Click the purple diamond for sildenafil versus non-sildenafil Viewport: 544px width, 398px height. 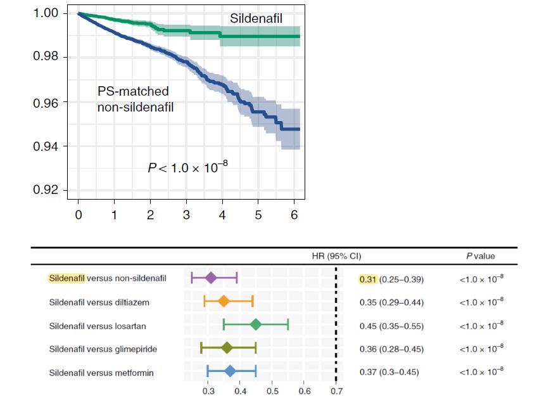click(211, 278)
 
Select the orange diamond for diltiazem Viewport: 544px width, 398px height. click(223, 301)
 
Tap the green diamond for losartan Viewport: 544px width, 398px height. click(256, 324)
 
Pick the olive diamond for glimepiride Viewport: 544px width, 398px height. click(227, 348)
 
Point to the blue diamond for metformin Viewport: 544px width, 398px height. click(230, 371)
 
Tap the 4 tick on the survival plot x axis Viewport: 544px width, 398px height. click(222, 215)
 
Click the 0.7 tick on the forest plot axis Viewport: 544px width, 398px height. click(336, 390)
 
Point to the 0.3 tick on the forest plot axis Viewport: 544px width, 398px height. click(208, 390)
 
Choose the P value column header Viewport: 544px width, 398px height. click(481, 256)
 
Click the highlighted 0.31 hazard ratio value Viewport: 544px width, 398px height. click(367, 279)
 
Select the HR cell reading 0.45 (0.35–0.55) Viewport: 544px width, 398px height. click(391, 326)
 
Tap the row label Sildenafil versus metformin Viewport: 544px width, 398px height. click(101, 373)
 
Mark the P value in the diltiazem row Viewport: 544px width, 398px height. click(481, 302)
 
